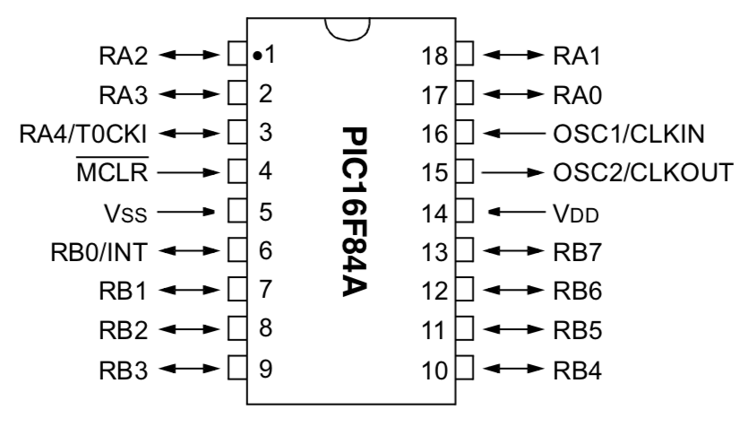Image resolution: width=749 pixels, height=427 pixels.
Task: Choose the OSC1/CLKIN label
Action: point(624,134)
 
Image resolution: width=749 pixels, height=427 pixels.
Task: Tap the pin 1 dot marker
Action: point(257,57)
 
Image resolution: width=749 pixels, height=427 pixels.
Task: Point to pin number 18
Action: point(435,56)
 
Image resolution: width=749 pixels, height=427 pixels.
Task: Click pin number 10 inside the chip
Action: point(435,369)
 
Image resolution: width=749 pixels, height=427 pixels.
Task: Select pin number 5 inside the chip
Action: point(265,213)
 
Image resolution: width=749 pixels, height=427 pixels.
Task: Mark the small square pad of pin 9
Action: point(237,368)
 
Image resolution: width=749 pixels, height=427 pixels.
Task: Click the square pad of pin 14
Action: point(465,213)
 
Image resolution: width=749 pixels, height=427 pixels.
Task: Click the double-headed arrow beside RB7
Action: point(514,251)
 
